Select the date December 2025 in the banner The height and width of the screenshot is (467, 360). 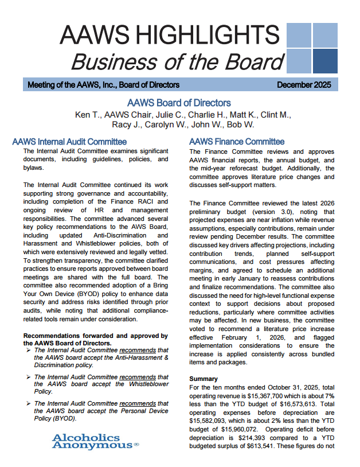pyautogui.click(x=303, y=85)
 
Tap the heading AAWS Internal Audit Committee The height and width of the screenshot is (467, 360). pyautogui.click(x=69, y=141)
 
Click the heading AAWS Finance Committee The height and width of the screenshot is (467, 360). pyautogui.click(x=236, y=141)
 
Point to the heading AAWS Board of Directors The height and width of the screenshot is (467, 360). pyautogui.click(x=179, y=103)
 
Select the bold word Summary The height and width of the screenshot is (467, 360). pyautogui.click(x=204, y=379)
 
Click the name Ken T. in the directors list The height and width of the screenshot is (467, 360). pyautogui.click(x=88, y=115)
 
